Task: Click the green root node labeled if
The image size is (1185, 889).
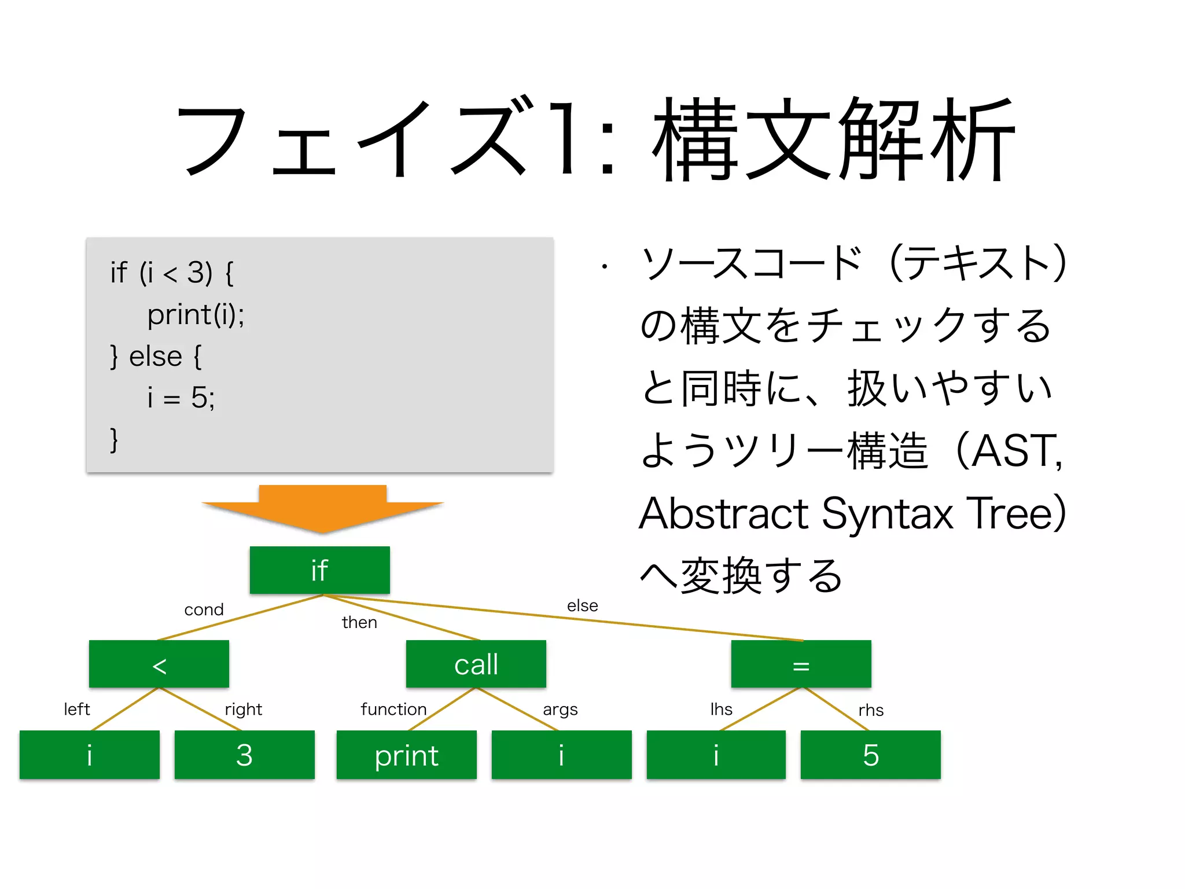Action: (x=319, y=570)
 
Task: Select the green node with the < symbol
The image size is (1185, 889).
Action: (x=159, y=664)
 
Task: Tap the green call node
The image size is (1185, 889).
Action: (x=476, y=664)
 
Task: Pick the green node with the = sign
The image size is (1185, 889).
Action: (x=801, y=664)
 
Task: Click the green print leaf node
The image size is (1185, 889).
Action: (x=406, y=755)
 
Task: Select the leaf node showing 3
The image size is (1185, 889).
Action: (x=244, y=755)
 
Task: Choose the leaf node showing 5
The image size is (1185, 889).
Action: (x=870, y=755)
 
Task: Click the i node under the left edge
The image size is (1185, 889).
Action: (x=89, y=755)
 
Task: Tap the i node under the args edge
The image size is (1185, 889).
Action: (x=561, y=755)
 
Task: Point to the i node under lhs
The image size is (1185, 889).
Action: (x=716, y=755)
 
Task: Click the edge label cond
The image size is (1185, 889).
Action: (x=204, y=609)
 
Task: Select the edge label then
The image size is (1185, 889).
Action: (x=359, y=622)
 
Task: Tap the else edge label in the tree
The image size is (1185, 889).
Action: (x=582, y=605)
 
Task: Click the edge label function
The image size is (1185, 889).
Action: (x=393, y=709)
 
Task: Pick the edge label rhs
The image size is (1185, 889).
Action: (x=871, y=710)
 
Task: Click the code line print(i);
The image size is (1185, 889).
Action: (x=196, y=315)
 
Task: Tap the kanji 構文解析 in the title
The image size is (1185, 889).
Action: (x=833, y=140)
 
